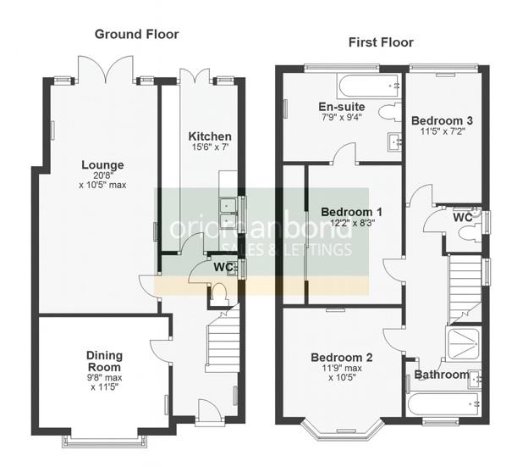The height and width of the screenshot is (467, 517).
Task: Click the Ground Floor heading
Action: click(x=136, y=34)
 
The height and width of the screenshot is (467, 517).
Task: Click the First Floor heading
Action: click(x=382, y=42)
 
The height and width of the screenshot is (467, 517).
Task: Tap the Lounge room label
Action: click(x=102, y=165)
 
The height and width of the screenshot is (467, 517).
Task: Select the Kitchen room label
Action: click(x=210, y=136)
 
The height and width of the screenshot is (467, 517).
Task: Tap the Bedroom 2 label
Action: click(x=341, y=357)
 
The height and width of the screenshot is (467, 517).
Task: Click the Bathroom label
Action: click(x=441, y=375)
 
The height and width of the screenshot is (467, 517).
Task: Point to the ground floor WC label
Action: click(x=223, y=268)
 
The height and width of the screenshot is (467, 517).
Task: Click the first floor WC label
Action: click(x=462, y=218)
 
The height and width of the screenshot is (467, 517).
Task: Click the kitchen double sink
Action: click(x=228, y=213)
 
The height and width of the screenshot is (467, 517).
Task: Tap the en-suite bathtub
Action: click(x=366, y=86)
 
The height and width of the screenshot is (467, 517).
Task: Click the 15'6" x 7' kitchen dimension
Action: click(x=210, y=149)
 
